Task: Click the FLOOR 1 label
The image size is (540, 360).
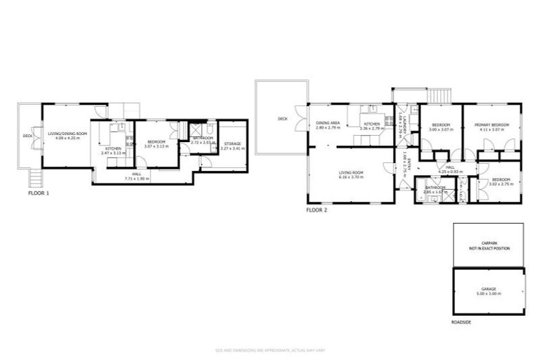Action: point(38,192)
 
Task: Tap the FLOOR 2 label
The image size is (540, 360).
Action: point(316,209)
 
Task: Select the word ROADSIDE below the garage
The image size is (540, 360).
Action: point(462,323)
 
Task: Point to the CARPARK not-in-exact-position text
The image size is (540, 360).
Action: point(489,246)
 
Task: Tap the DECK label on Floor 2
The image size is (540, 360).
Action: point(282,119)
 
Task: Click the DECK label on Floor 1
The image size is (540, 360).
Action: point(28,136)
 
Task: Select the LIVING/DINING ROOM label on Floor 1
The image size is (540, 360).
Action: point(67,134)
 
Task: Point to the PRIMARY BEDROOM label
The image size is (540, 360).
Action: point(491,125)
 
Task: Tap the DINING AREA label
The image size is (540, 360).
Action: point(328,124)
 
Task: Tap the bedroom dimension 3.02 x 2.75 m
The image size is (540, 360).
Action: point(501,184)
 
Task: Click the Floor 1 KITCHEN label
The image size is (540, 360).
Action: point(113,150)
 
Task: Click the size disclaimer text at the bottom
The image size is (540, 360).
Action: point(269,350)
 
